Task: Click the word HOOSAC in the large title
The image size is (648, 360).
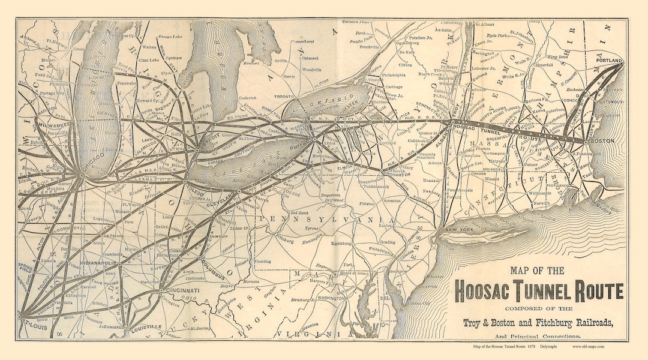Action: tap(490, 291)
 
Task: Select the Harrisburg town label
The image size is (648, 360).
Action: tap(344, 244)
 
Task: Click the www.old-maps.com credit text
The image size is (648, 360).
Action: tap(589, 347)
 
